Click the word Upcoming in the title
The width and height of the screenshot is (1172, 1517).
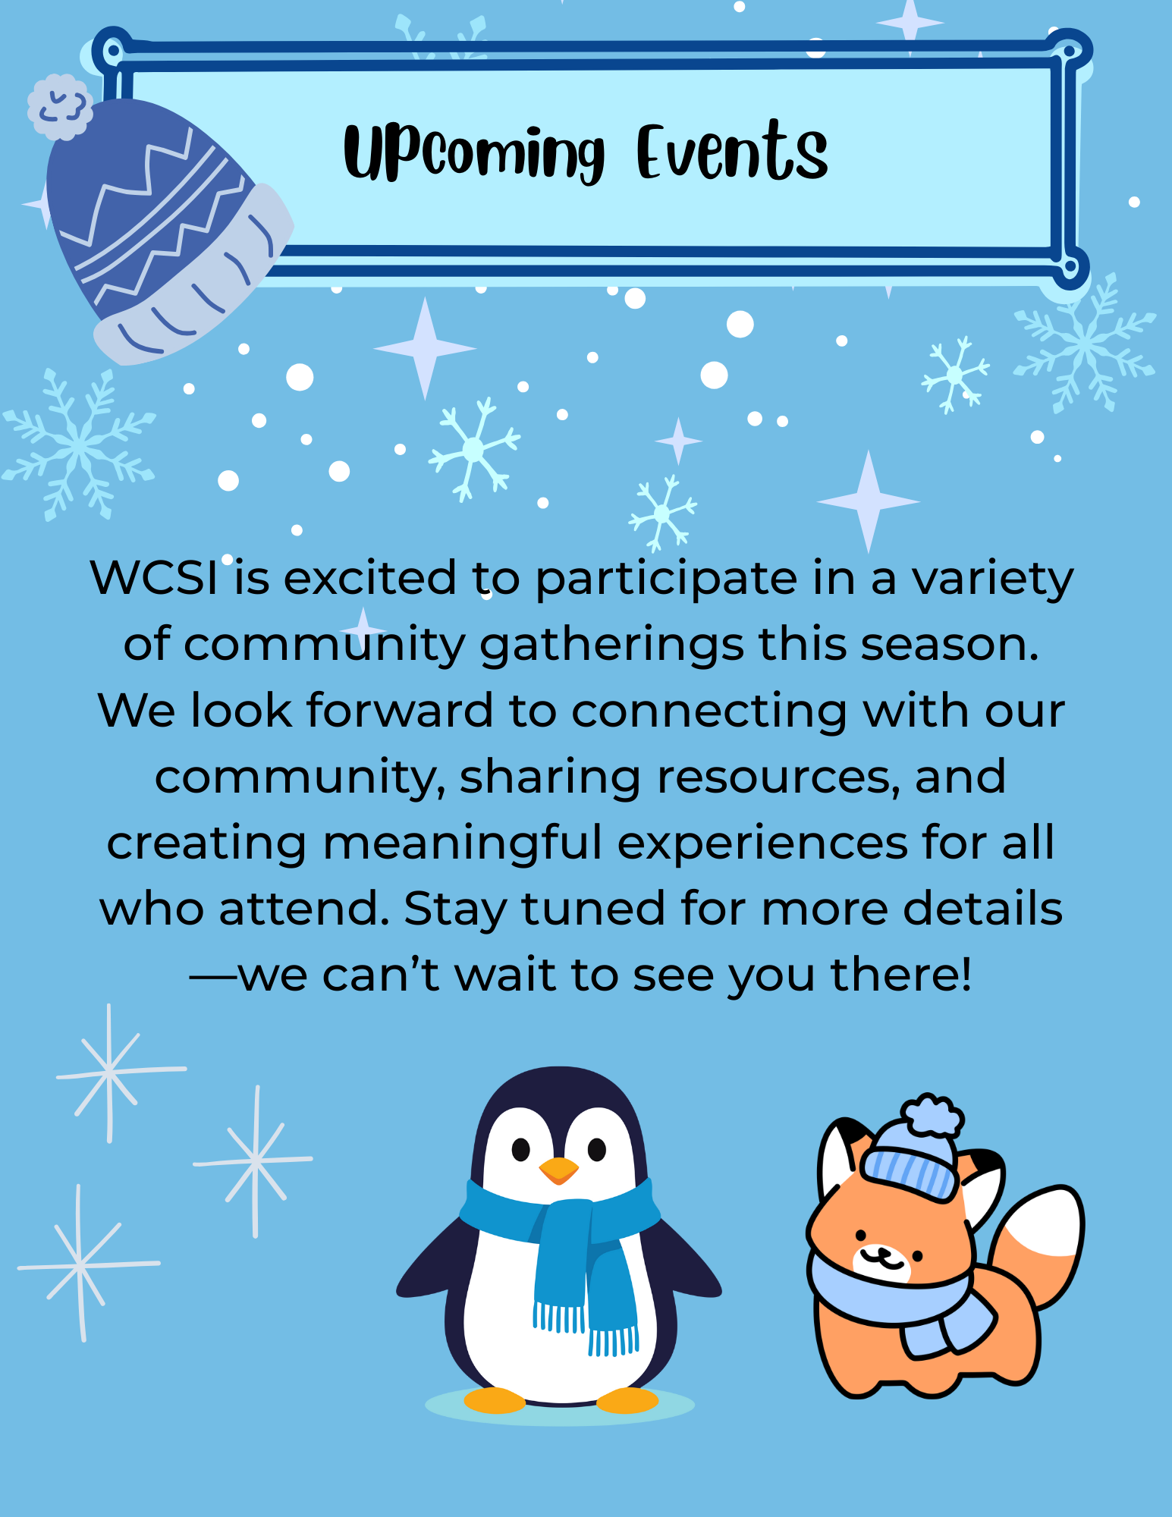(474, 152)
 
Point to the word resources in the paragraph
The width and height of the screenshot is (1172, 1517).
(778, 777)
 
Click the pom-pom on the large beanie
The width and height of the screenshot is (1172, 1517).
(60, 107)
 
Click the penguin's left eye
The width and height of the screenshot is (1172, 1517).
(520, 1150)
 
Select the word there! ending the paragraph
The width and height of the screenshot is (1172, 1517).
(901, 975)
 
